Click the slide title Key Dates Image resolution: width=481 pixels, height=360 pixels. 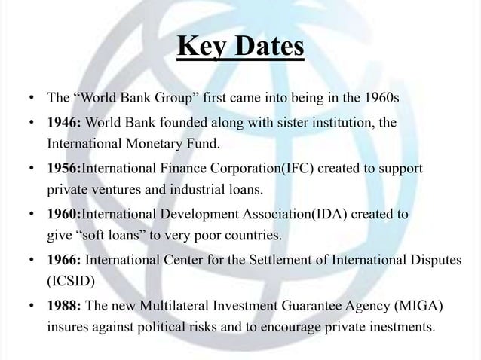(240, 47)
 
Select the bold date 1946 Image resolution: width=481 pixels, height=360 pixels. (63, 121)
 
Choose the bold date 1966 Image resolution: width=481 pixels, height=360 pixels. (63, 261)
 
